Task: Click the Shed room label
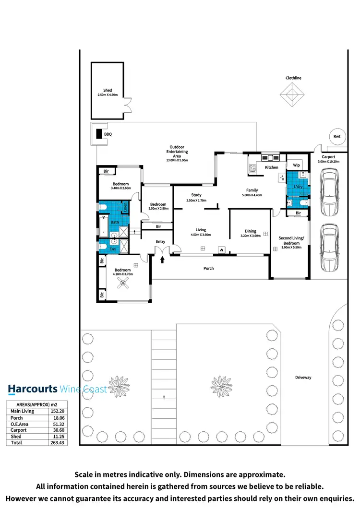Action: coord(108,90)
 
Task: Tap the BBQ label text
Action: coord(108,135)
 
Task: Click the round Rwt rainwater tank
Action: coord(337,137)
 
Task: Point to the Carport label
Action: coord(328,157)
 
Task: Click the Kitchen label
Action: coord(272,167)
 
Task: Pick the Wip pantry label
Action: coord(296,165)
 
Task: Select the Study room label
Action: coord(196,195)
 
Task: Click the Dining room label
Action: coord(250,231)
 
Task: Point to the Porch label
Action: coord(208,268)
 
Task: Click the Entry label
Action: coord(160,241)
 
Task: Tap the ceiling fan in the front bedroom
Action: coord(124,284)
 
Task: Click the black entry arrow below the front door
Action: coord(162,260)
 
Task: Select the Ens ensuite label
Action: coord(113,249)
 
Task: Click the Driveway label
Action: coord(303,378)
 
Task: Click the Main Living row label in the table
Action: coord(22,411)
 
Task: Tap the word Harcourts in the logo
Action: coord(32,389)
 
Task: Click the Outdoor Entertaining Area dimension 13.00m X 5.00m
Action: coord(177,160)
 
